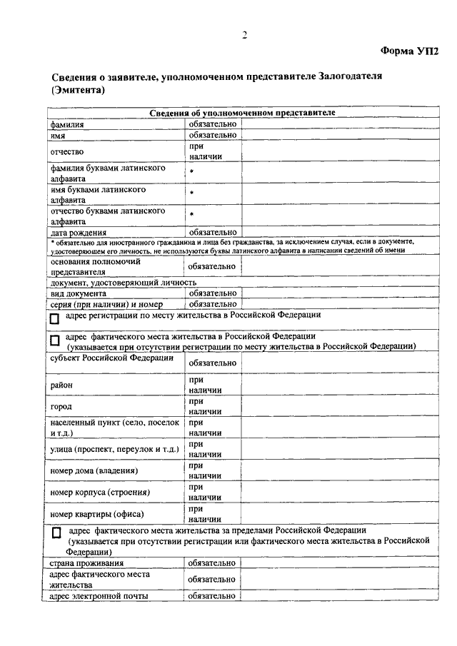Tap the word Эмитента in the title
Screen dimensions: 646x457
(79, 91)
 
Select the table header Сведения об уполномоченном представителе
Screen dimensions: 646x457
(243, 113)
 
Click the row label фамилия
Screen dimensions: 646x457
(67, 124)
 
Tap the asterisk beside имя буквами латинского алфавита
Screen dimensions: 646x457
(191, 193)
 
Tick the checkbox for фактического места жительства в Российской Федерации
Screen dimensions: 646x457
(54, 341)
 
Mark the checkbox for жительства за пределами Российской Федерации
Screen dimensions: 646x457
(57, 533)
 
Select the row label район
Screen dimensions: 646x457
(61, 385)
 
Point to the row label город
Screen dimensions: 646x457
(61, 407)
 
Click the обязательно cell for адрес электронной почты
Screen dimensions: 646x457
(211, 596)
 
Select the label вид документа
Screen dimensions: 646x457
(79, 293)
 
